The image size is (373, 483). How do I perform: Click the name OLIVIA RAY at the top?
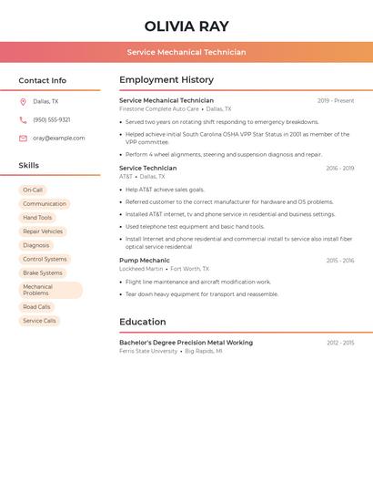[186, 26]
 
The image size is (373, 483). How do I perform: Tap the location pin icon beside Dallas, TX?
[23, 102]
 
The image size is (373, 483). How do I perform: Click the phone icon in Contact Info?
[23, 120]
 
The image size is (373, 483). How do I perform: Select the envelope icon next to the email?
[23, 139]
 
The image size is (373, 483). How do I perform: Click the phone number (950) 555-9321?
[52, 120]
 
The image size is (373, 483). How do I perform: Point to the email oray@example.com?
[59, 139]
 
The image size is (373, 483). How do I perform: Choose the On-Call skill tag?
[33, 190]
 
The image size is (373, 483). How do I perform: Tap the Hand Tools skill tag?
[37, 218]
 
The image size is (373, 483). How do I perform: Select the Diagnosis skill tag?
[36, 245]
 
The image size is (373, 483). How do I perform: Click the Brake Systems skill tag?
[43, 272]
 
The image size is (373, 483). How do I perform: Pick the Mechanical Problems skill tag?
[50, 290]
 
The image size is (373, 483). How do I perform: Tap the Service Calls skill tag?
[39, 321]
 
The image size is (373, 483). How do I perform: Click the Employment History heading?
[166, 80]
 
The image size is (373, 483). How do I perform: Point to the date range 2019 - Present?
[336, 101]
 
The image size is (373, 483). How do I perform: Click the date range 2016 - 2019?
[340, 169]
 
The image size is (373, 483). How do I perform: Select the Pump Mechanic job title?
[145, 261]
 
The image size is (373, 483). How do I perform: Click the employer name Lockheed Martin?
[141, 269]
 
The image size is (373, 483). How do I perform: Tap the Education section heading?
[143, 322]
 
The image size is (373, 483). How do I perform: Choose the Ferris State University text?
[148, 351]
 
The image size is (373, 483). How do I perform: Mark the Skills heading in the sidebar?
[29, 166]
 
